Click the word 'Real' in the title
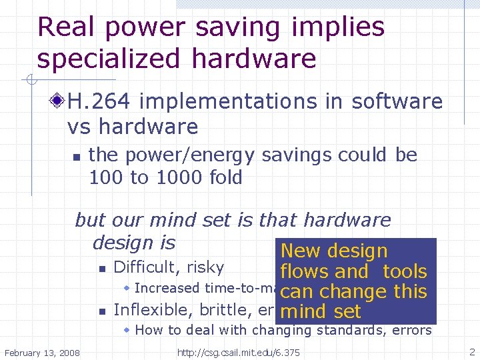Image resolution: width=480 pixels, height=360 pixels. pyautogui.click(x=65, y=27)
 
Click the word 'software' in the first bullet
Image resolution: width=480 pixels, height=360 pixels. pyautogui.click(x=397, y=101)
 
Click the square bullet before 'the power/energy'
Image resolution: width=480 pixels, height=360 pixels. pyautogui.click(x=76, y=157)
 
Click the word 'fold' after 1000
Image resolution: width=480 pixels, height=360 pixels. pyautogui.click(x=225, y=178)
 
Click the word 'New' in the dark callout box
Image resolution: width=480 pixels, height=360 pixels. pyautogui.click(x=300, y=251)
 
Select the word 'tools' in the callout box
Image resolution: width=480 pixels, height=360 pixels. pyautogui.click(x=405, y=271)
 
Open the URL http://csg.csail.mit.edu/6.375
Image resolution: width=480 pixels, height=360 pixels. pyautogui.click(x=238, y=352)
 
